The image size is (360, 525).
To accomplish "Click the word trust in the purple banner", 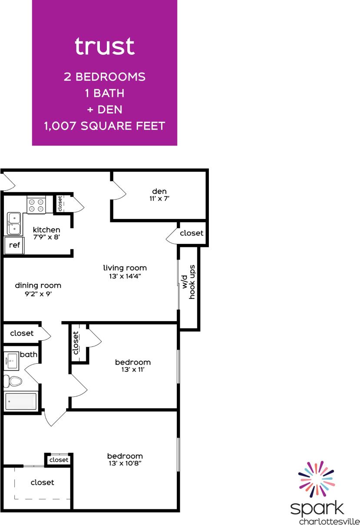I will point(104,47).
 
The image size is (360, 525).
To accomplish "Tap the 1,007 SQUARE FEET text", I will point(104,126).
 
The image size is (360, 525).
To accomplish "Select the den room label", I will point(159,191).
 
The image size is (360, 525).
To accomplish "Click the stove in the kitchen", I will point(36,205).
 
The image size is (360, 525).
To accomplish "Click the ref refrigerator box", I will point(14,245).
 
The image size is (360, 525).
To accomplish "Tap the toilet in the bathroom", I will point(13,382).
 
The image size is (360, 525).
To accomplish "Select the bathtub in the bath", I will point(20,401).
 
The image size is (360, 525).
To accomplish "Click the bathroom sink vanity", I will point(12,360).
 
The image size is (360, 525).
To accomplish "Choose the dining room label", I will point(38,286).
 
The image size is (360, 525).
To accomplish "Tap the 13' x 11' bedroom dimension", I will point(133,370).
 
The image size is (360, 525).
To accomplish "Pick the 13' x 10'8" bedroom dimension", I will point(125,464).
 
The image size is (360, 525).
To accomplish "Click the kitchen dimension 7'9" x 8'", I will point(46,237).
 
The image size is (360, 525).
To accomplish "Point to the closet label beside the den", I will point(192,233).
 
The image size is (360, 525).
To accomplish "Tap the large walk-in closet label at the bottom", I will point(43,482).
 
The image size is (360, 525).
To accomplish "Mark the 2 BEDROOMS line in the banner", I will point(104,77).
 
